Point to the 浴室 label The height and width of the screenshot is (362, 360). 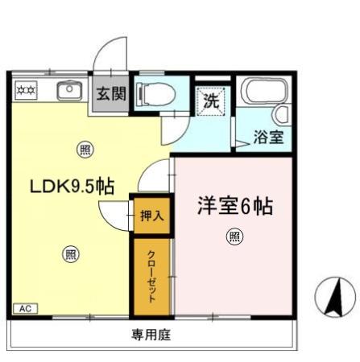pos(268,137)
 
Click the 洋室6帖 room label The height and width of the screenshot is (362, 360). pos(234,206)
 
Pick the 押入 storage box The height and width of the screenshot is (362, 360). pos(151,215)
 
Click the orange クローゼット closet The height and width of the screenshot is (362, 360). pos(151,275)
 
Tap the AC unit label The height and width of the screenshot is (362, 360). pos(25,308)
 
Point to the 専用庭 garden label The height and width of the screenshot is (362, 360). pos(151,335)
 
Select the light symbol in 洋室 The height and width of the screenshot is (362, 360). pos(234,237)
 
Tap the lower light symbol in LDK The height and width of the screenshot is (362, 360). pos(71,254)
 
